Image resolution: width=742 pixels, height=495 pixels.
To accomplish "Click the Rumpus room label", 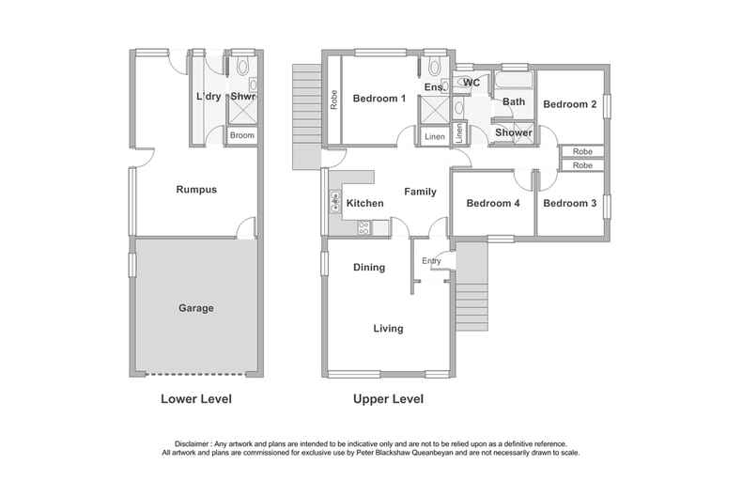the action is (x=196, y=190).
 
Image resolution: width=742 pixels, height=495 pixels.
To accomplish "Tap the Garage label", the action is (x=196, y=308).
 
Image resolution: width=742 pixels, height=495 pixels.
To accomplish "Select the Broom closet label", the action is (x=242, y=135).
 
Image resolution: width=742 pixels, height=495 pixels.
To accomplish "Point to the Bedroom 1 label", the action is (x=379, y=99).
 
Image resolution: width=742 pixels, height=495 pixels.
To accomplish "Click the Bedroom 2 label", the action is (x=570, y=104).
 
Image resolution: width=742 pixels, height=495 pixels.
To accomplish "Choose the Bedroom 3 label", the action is (x=570, y=204).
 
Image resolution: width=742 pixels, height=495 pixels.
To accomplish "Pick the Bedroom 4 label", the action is (x=493, y=204).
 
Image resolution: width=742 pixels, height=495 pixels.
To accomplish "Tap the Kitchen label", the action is (x=364, y=204).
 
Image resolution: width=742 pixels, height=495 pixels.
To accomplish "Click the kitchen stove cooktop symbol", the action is (x=363, y=227).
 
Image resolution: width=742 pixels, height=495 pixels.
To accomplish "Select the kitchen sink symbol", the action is (x=335, y=202).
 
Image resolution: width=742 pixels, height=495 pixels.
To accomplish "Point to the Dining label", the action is (x=369, y=268).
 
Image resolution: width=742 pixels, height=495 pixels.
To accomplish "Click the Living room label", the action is (x=388, y=329).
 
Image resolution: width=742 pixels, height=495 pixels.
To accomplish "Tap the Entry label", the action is (x=431, y=261).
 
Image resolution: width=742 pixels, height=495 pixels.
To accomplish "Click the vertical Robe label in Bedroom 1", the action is (x=334, y=100).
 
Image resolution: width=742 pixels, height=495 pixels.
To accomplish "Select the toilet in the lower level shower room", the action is (x=242, y=67).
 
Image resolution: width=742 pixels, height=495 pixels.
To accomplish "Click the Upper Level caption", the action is (x=388, y=399).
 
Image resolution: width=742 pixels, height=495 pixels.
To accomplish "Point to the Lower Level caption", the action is (x=196, y=399).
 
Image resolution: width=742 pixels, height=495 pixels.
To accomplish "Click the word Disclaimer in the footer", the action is (x=192, y=444).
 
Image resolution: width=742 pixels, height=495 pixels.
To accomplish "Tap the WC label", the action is (x=471, y=83).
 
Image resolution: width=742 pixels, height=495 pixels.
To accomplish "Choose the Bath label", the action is (x=514, y=101).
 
